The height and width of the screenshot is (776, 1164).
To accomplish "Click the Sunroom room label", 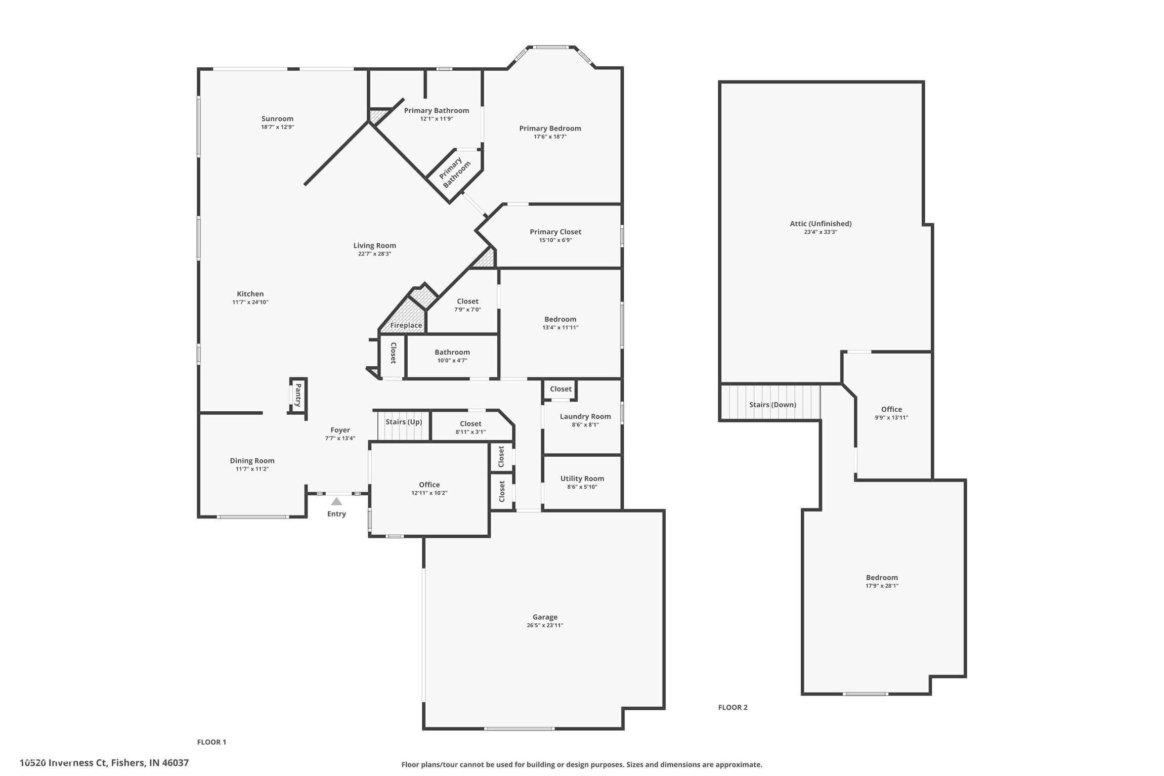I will coord(277,119).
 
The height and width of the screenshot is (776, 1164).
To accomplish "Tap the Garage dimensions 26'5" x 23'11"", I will coord(545,625).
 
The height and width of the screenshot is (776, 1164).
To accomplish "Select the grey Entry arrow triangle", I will coord(336,501).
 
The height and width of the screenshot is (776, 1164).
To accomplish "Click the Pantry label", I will coord(298,395).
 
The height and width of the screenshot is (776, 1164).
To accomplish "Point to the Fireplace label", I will coord(406,325).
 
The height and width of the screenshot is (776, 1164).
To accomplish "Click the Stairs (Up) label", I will coord(404,422).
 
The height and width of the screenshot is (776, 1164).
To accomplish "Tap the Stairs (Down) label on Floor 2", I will coord(772,405).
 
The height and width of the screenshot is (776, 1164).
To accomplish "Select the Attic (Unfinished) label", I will coord(821,224).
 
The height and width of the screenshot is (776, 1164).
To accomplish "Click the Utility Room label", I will coord(582,479).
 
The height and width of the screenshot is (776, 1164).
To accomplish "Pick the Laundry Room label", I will coord(585,416).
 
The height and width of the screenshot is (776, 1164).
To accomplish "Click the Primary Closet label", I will coord(555,232).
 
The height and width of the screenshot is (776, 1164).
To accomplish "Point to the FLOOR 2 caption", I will coord(732,707).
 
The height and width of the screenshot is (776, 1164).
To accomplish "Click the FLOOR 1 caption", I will coord(211,742).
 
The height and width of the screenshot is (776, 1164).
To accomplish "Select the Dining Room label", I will coord(252,460).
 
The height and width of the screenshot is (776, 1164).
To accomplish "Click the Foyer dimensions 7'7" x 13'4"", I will coord(340,439).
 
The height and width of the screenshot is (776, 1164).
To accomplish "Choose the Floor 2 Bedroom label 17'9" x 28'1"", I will coord(882,578).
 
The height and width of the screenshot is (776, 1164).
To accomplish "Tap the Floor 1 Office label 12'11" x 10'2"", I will coord(429,485).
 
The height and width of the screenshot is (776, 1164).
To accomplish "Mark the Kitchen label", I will coord(250,294).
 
